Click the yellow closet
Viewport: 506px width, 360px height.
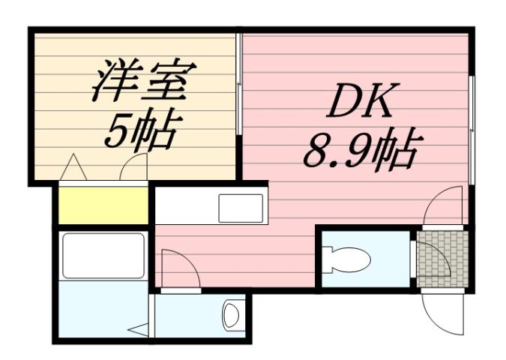(103, 205)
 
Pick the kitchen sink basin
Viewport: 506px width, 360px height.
(240, 208)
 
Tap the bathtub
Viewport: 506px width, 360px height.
(103, 255)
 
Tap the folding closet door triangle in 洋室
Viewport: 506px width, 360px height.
(73, 166)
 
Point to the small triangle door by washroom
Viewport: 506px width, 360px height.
(139, 328)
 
